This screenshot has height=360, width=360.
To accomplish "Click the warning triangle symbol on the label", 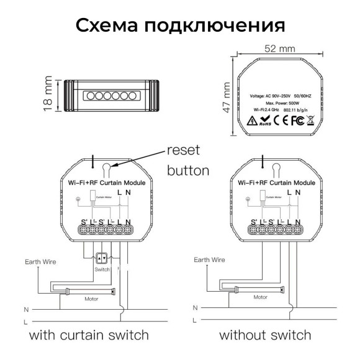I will pyautogui.click(x=252, y=120).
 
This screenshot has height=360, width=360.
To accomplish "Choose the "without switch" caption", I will pyautogui.click(x=265, y=335).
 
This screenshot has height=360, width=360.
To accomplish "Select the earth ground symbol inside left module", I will pyautogui.click(x=77, y=200).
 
